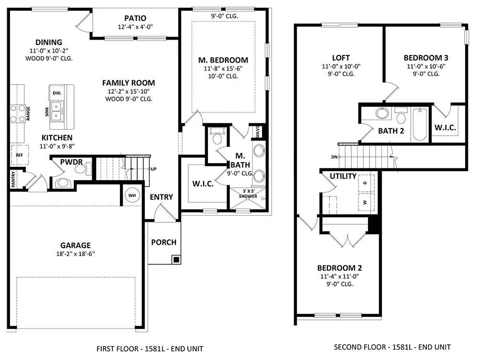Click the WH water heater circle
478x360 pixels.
(132, 196)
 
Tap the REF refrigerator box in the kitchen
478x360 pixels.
(20, 155)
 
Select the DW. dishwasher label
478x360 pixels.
(57, 93)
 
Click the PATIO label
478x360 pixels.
(135, 18)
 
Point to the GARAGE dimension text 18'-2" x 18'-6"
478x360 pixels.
(76, 253)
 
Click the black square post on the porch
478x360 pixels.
(176, 260)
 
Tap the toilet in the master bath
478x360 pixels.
(217, 136)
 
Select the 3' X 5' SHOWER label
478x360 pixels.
(248, 194)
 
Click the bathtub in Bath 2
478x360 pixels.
(420, 124)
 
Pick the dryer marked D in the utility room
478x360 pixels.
(366, 183)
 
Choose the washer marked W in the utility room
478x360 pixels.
(366, 202)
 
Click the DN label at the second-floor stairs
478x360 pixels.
(335, 157)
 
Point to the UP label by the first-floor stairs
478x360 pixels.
(153, 169)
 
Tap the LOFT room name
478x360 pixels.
(341, 58)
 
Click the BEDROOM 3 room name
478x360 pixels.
(426, 58)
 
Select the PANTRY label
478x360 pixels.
(13, 179)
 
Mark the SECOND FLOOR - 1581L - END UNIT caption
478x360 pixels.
(392, 347)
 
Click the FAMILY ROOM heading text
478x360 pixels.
(129, 83)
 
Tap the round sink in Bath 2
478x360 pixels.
(382, 113)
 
